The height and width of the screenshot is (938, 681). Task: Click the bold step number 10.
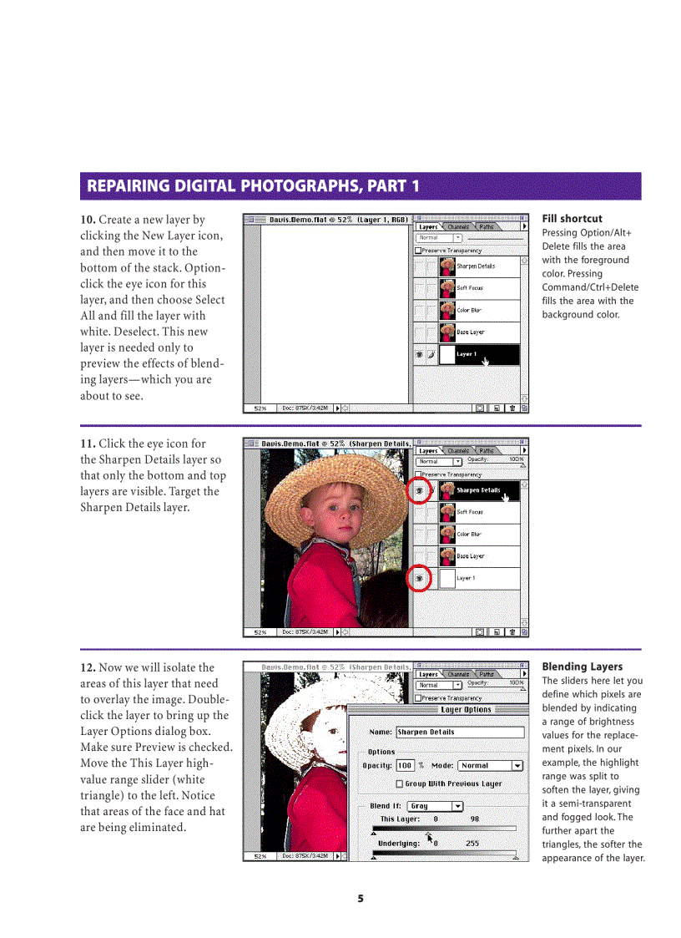(x=88, y=220)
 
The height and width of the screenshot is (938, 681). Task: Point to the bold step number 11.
(x=88, y=444)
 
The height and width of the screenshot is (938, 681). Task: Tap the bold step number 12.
(x=88, y=667)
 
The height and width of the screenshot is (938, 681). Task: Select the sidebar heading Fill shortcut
(x=572, y=219)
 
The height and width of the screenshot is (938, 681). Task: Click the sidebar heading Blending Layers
(x=582, y=667)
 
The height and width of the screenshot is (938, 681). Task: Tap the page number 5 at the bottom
(x=361, y=899)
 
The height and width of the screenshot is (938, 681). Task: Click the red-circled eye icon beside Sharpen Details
(x=420, y=491)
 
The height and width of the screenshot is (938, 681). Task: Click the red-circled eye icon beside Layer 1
(x=420, y=578)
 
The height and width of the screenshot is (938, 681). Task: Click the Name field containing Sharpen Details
(x=459, y=733)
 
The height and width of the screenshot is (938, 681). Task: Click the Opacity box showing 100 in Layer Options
(x=405, y=766)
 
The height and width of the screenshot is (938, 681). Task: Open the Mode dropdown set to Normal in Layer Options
(x=491, y=766)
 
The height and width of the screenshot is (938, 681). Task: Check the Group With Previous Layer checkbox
(x=399, y=784)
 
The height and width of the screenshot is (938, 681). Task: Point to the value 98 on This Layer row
(x=474, y=819)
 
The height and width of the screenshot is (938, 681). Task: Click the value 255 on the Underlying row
(x=472, y=844)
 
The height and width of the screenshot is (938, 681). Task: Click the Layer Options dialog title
(x=466, y=710)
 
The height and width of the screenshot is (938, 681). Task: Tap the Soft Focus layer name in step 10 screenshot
(x=470, y=288)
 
